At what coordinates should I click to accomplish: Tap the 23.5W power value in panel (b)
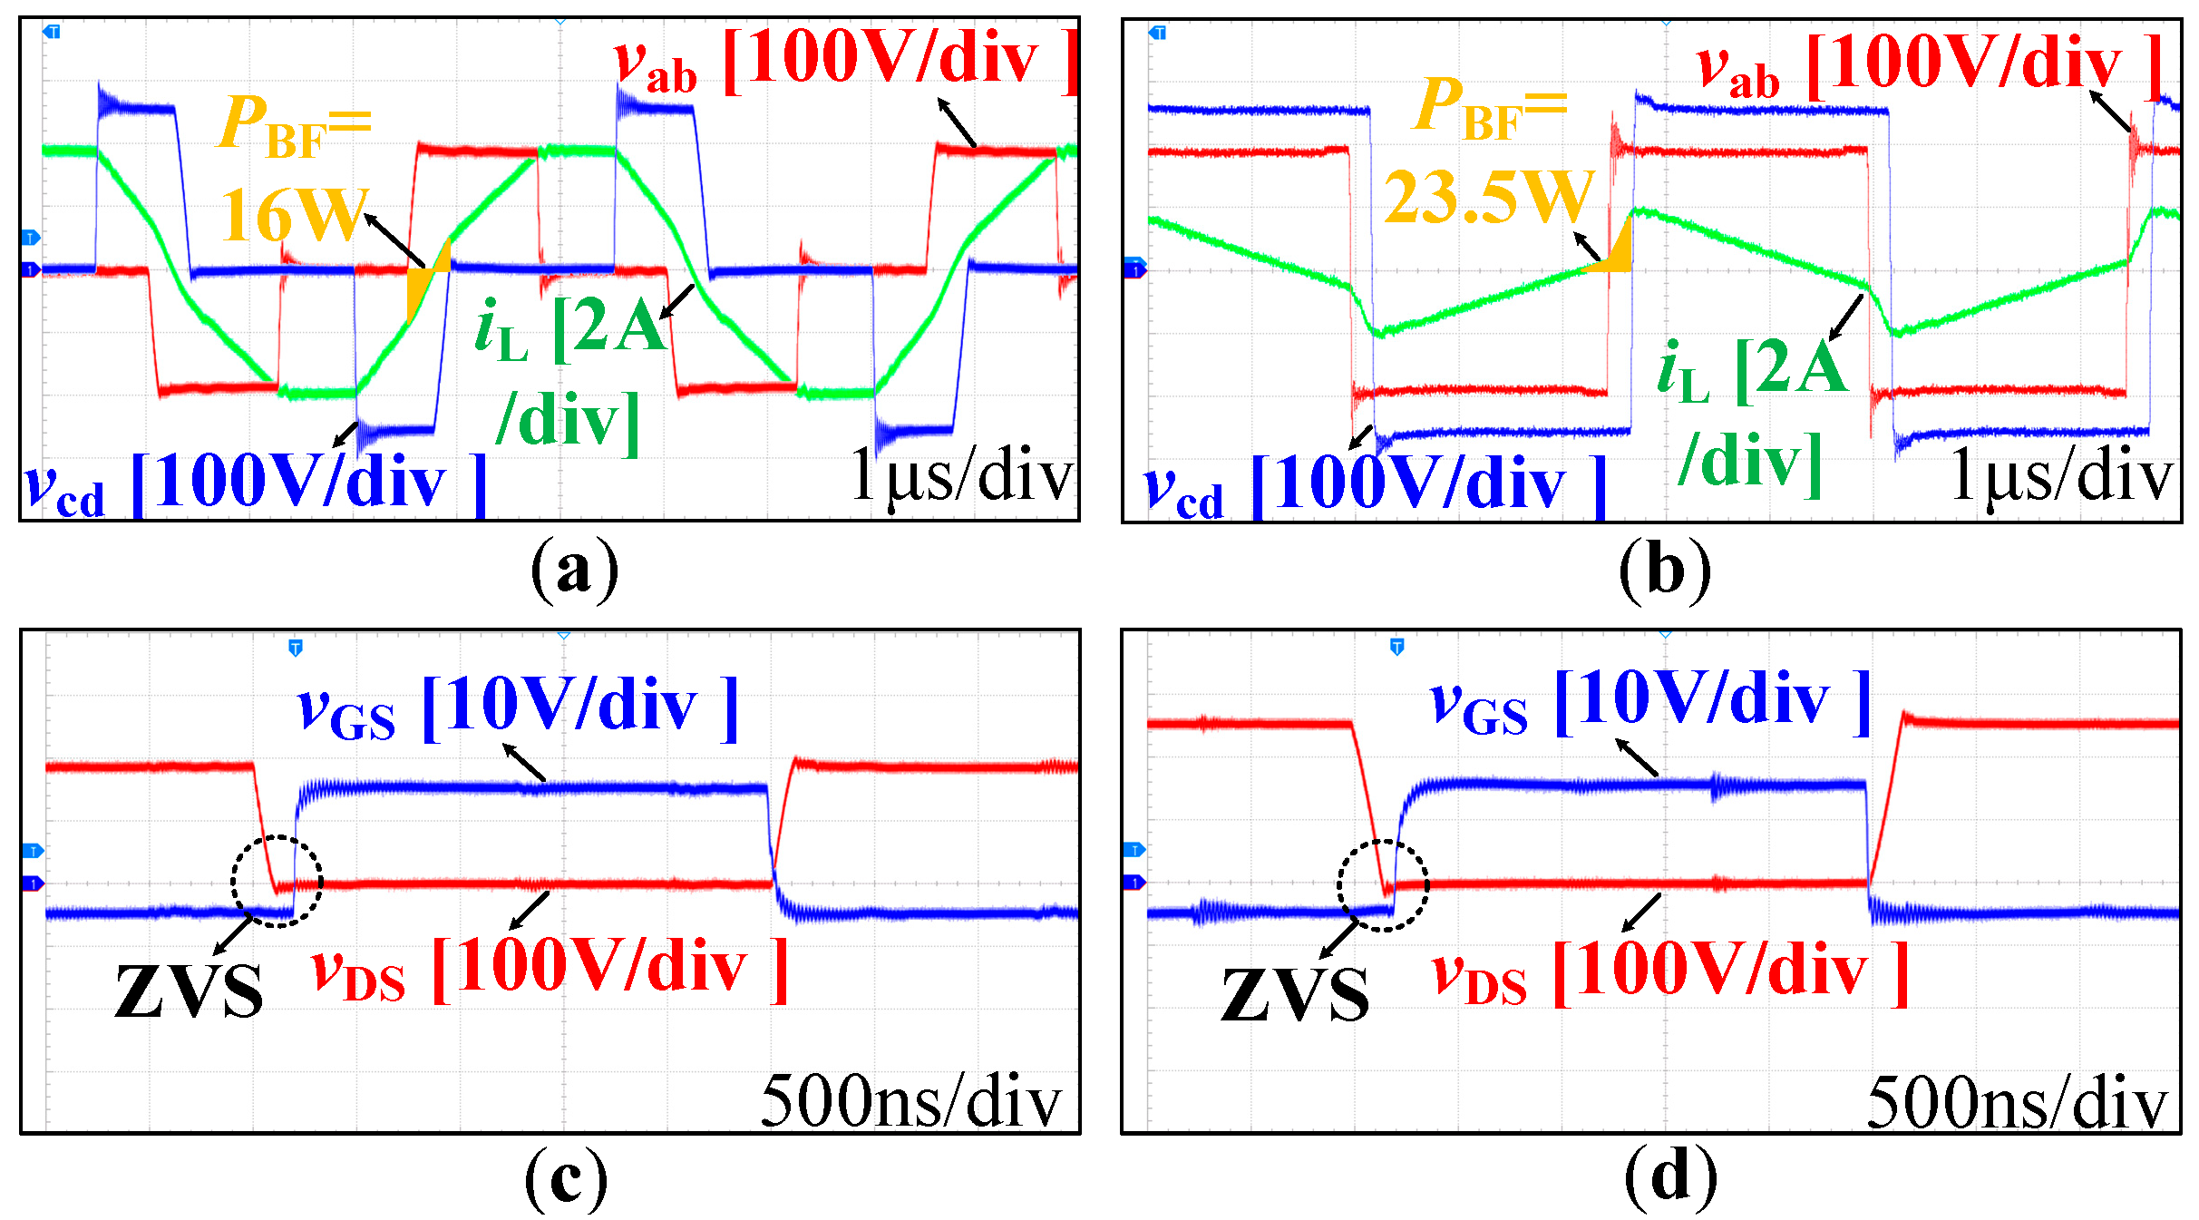tap(1488, 197)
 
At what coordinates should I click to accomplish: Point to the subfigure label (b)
tap(1665, 570)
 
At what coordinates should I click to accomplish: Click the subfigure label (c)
tap(566, 1177)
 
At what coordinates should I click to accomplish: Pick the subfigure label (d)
tap(1670, 1177)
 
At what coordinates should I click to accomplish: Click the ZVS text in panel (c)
tap(190, 991)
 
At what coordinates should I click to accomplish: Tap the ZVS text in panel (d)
tap(1295, 995)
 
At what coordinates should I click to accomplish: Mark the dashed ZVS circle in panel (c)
tap(277, 881)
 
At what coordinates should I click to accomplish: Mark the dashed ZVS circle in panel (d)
tap(1383, 885)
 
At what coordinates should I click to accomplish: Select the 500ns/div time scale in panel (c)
tap(910, 1101)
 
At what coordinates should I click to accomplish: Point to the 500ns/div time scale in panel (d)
tap(2017, 1103)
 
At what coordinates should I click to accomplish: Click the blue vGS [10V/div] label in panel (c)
tap(518, 708)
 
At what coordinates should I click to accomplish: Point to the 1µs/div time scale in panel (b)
tap(2062, 475)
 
